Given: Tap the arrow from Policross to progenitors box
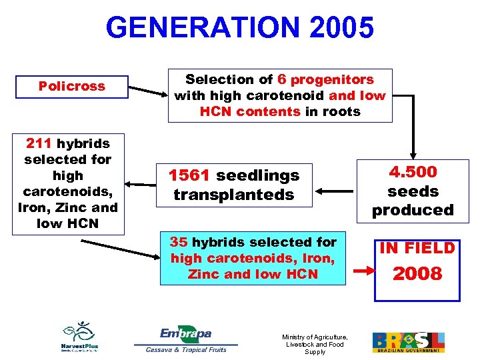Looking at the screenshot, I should tap(147, 89).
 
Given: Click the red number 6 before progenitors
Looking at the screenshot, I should tap(282, 79).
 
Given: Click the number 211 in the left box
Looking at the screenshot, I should tap(39, 143).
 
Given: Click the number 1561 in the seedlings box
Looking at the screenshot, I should tap(189, 175).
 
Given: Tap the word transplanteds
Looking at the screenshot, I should tap(233, 195).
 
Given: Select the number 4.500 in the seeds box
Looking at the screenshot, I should tap(413, 172).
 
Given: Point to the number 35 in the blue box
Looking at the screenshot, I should tap(179, 241).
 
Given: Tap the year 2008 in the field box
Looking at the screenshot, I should tap(417, 274).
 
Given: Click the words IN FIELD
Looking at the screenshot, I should tap(417, 249).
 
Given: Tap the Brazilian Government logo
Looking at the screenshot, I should tap(408, 342).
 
